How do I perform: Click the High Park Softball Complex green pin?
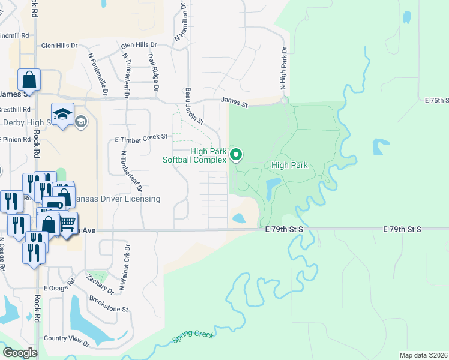[x=236, y=155]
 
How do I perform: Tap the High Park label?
[x=289, y=165]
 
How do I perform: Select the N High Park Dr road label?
[x=283, y=70]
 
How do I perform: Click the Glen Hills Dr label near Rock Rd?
[x=59, y=45]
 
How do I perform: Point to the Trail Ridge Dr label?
[x=152, y=71]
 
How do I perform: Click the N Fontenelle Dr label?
[x=96, y=74]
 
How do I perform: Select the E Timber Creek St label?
[x=141, y=137]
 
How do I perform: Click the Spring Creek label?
[x=193, y=338]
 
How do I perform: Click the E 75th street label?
[x=436, y=100]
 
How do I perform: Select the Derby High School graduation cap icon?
[x=62, y=113]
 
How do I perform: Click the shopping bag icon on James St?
[x=29, y=79]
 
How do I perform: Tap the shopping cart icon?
[x=67, y=223]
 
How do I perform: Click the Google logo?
[x=20, y=353]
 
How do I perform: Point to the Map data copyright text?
[x=423, y=355]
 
